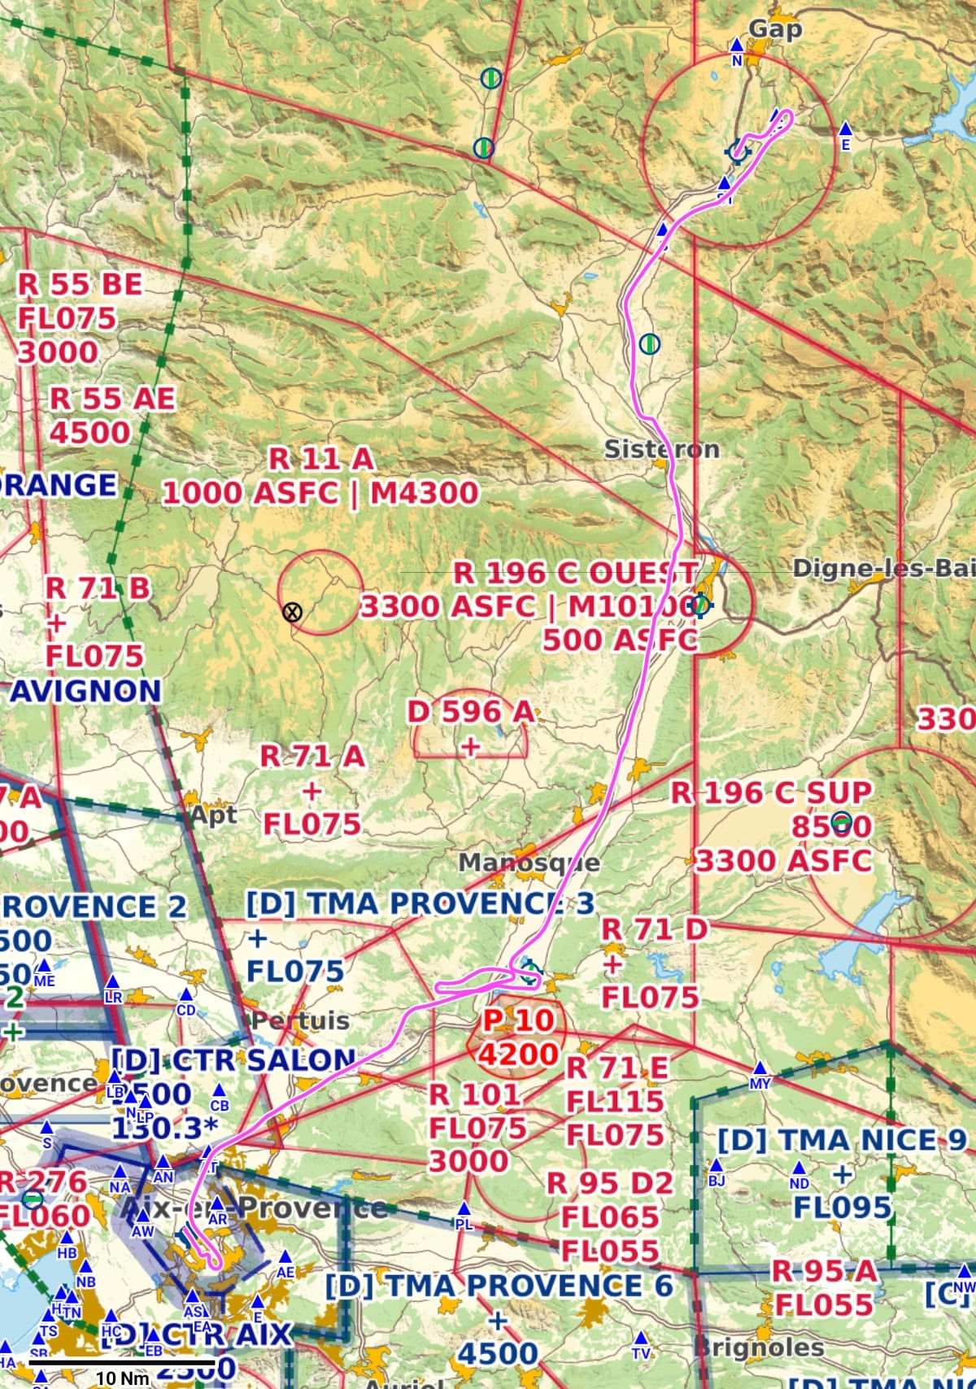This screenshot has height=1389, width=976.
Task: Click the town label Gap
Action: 775,29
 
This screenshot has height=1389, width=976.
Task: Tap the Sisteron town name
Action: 661,449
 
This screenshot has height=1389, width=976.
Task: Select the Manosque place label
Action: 529,863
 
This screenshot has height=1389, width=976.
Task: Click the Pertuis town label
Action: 301,1020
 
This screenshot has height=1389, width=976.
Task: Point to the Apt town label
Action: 213,815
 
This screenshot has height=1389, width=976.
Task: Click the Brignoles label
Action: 760,1347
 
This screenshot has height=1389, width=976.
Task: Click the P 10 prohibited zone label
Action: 518,1020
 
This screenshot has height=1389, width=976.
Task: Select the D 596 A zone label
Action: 471,712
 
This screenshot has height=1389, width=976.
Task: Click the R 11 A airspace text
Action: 321,459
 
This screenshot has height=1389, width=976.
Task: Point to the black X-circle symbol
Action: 292,612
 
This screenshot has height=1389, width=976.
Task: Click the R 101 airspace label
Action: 476,1094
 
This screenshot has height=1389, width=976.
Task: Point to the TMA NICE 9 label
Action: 841,1140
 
